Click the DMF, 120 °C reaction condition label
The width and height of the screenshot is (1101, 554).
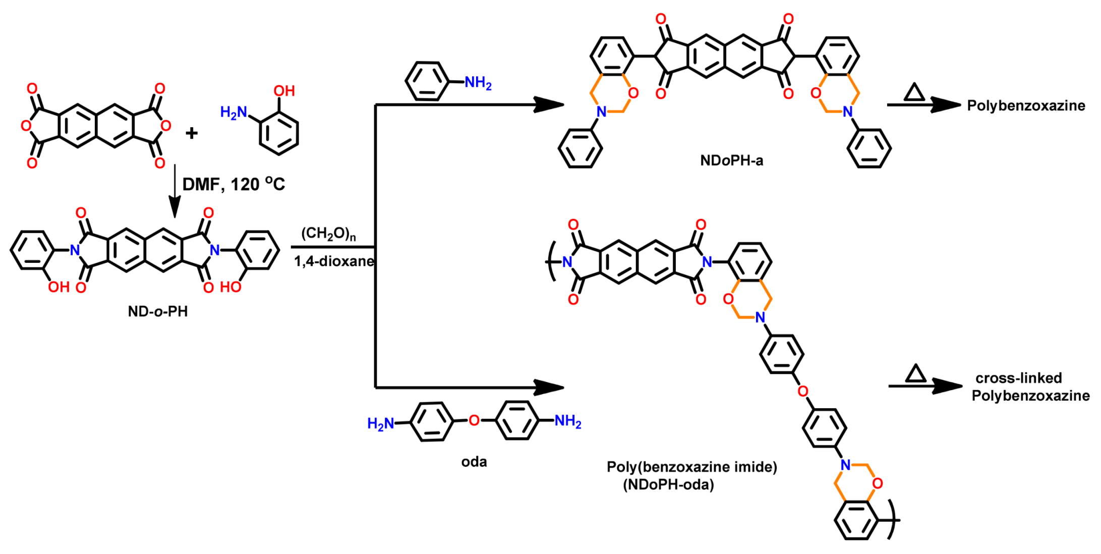point(233,184)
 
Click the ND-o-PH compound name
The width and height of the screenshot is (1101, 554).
point(157,311)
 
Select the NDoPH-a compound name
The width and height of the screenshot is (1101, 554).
point(731,160)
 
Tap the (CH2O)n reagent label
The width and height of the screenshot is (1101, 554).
point(328,234)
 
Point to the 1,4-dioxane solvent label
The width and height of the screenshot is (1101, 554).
point(334,261)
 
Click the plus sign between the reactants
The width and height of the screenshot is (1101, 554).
point(192,133)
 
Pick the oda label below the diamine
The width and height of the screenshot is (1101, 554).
point(474,462)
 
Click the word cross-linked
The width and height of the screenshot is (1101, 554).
point(1019,378)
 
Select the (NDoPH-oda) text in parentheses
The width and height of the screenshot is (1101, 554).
point(668,485)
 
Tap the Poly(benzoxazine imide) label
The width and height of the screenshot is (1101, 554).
point(691,467)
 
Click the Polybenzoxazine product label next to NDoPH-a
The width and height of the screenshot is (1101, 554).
point(1026,105)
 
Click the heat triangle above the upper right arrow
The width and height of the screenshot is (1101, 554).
point(914,92)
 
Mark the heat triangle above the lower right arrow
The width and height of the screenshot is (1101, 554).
point(915,374)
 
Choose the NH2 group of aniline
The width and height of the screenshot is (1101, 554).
point(478,83)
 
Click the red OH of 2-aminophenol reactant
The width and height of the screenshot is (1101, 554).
point(284,91)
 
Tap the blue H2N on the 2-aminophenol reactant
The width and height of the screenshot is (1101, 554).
point(233,112)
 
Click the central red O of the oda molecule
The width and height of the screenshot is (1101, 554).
point(474,420)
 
